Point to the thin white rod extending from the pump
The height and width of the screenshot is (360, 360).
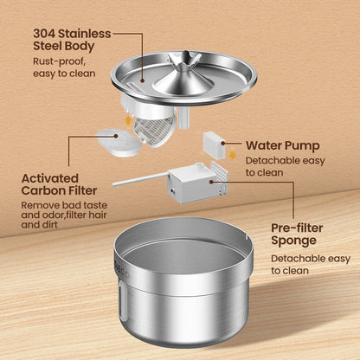(x=137, y=181)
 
